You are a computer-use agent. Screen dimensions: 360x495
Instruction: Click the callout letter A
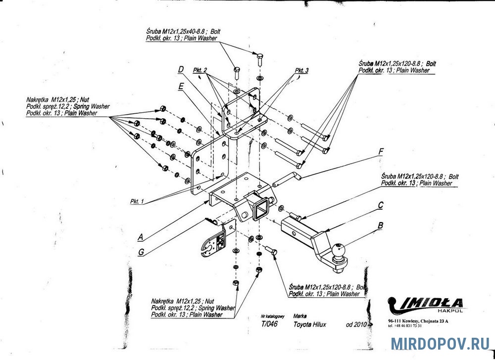click(140, 237)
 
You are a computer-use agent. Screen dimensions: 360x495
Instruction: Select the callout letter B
click(380, 226)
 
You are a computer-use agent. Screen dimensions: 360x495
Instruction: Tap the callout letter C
click(380, 204)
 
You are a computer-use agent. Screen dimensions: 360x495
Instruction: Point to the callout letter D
click(181, 70)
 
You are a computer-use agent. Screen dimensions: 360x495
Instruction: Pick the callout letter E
click(182, 87)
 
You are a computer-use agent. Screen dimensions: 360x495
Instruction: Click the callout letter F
click(380, 151)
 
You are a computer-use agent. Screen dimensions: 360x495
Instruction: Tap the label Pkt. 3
click(301, 71)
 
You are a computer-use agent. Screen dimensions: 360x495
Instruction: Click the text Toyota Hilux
click(310, 325)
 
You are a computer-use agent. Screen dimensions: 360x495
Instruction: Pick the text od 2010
click(356, 325)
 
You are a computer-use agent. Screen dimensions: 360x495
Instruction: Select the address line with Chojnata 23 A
click(418, 321)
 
